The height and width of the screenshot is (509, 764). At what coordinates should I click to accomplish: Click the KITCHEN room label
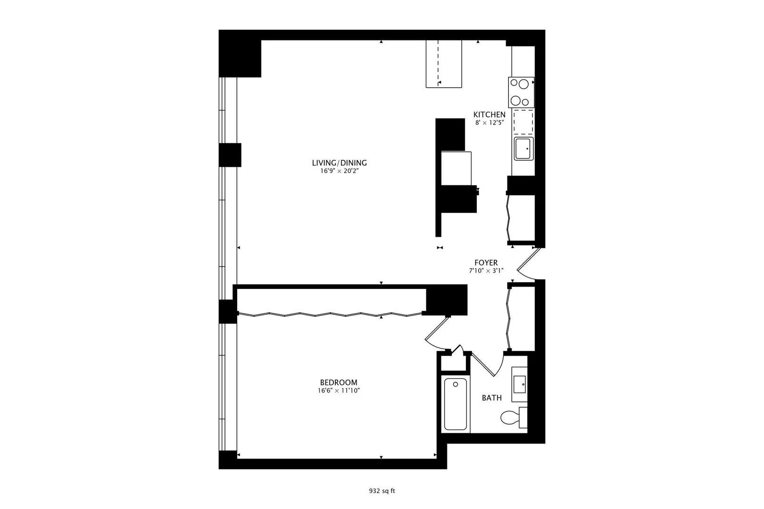[x=489, y=115]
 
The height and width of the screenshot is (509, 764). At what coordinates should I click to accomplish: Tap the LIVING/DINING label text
[x=340, y=163]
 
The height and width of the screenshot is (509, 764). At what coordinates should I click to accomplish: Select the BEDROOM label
[x=339, y=383]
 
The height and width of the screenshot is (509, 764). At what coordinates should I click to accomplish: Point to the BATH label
[x=491, y=398]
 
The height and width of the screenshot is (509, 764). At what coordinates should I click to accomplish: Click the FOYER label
[x=486, y=263]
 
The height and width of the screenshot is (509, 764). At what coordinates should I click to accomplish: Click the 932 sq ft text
[x=382, y=491]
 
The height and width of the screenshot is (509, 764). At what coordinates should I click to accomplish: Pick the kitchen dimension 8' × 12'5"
[x=490, y=123]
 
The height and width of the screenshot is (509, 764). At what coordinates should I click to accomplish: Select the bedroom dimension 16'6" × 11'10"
[x=339, y=391]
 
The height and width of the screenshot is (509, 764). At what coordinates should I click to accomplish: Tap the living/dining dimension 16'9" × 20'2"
[x=340, y=171]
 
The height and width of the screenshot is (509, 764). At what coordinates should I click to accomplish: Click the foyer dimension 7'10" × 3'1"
[x=486, y=271]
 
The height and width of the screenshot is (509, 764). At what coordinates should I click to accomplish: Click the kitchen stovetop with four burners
[x=521, y=92]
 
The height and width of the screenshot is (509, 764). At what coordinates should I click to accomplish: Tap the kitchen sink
[x=523, y=148]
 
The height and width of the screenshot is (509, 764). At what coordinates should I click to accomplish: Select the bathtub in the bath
[x=455, y=404]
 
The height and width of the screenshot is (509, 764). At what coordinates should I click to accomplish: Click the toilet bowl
[x=509, y=417]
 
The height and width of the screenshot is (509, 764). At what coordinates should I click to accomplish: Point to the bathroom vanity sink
[x=519, y=384]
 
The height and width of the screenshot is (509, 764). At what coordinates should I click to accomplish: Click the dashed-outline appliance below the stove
[x=523, y=122]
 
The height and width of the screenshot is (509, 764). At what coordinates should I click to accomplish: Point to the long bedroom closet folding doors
[x=330, y=314]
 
